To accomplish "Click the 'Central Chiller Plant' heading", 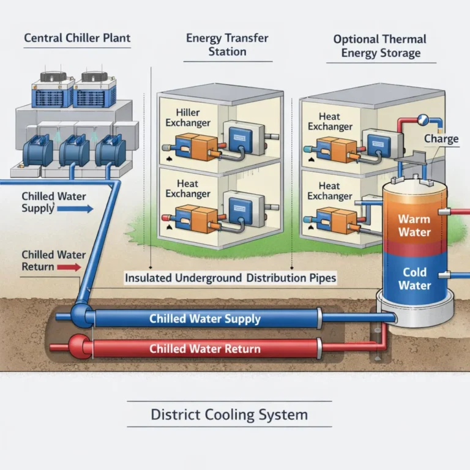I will coord(77,38).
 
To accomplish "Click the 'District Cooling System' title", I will coord(229,414).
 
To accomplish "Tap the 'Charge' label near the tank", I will coord(441,139).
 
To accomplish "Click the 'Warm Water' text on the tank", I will coord(414,225).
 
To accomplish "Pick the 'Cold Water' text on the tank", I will coord(414,279).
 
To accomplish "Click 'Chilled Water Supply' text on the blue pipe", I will coord(205,319).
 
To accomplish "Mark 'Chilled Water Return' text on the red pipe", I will coord(205,349).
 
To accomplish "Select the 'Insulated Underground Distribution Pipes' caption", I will coord(230,277).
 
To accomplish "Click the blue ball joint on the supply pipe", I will coord(80,315).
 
